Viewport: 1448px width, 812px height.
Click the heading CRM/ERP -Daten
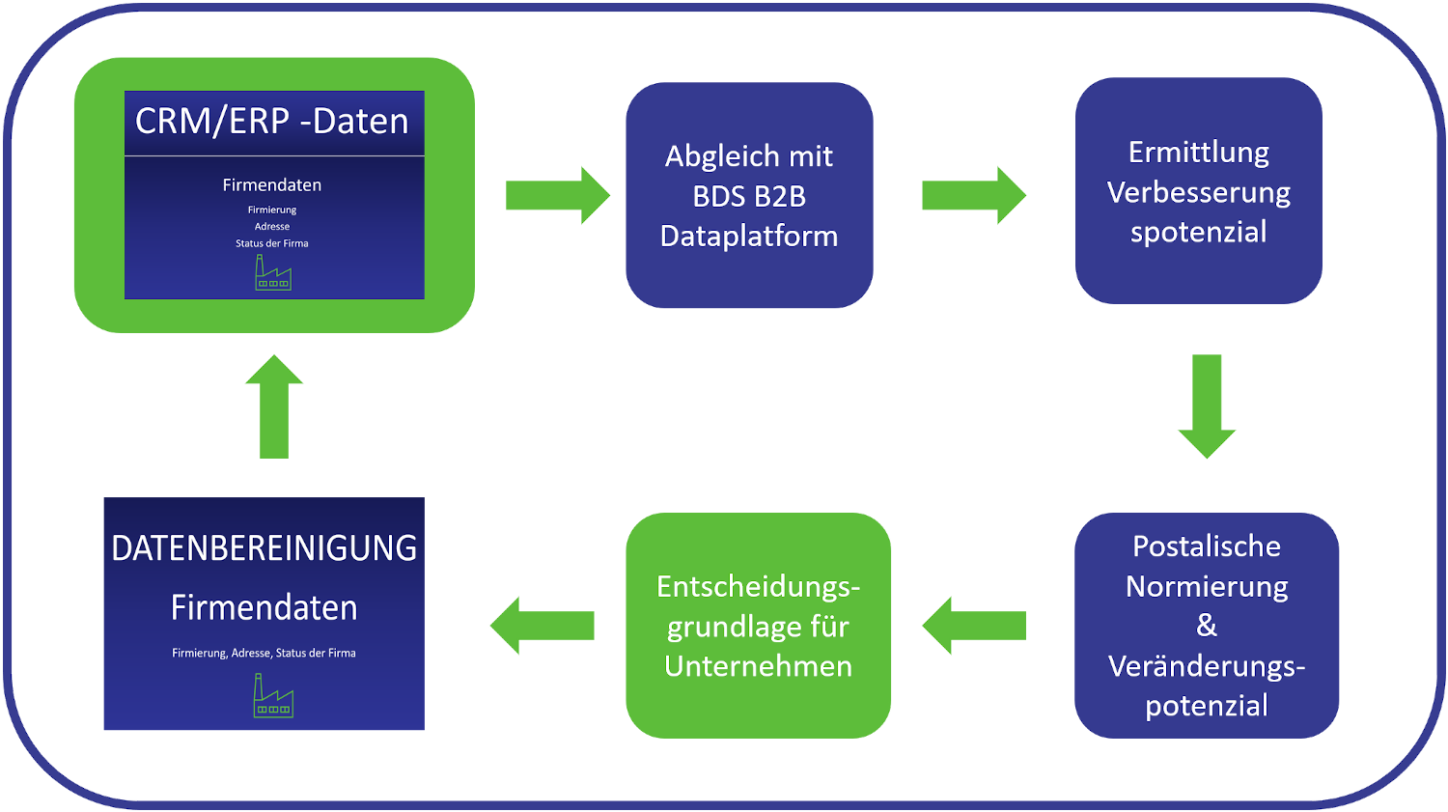click(272, 122)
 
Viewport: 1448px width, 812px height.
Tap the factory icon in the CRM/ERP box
click(272, 273)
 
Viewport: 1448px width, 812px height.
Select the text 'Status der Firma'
click(272, 243)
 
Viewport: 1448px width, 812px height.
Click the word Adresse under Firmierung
click(272, 227)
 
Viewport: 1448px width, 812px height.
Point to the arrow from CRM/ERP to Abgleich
click(557, 195)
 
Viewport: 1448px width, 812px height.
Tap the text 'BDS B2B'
click(749, 197)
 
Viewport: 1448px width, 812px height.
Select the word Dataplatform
click(749, 237)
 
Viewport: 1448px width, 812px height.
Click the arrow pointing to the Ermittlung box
click(972, 195)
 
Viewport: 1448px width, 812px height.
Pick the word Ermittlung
click(1199, 153)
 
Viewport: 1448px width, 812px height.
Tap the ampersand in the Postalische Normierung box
click(1207, 626)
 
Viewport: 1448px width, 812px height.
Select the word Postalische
click(1207, 546)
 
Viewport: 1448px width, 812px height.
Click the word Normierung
click(1207, 586)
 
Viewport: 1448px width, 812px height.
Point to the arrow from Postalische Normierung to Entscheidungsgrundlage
click(975, 626)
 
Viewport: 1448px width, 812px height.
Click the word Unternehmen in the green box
click(759, 666)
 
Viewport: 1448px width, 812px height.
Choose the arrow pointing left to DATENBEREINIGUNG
click(543, 626)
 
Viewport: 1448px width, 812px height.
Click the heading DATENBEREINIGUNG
click(265, 548)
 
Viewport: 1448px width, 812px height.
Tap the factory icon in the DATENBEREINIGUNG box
click(273, 696)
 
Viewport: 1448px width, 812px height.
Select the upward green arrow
click(274, 406)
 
